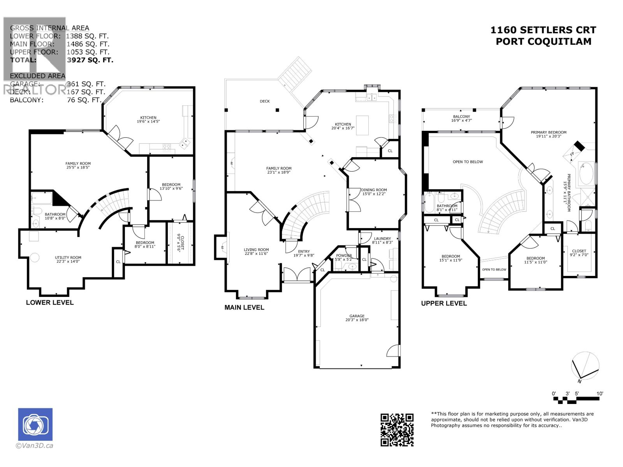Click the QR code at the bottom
tap(397, 430)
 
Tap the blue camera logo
tap(35, 424)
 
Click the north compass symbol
tap(585, 366)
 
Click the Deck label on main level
tap(265, 101)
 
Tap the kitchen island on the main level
tap(362, 125)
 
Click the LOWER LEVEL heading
tap(49, 302)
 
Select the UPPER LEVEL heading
tap(443, 303)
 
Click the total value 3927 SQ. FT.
tap(90, 60)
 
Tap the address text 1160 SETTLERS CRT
tap(543, 30)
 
